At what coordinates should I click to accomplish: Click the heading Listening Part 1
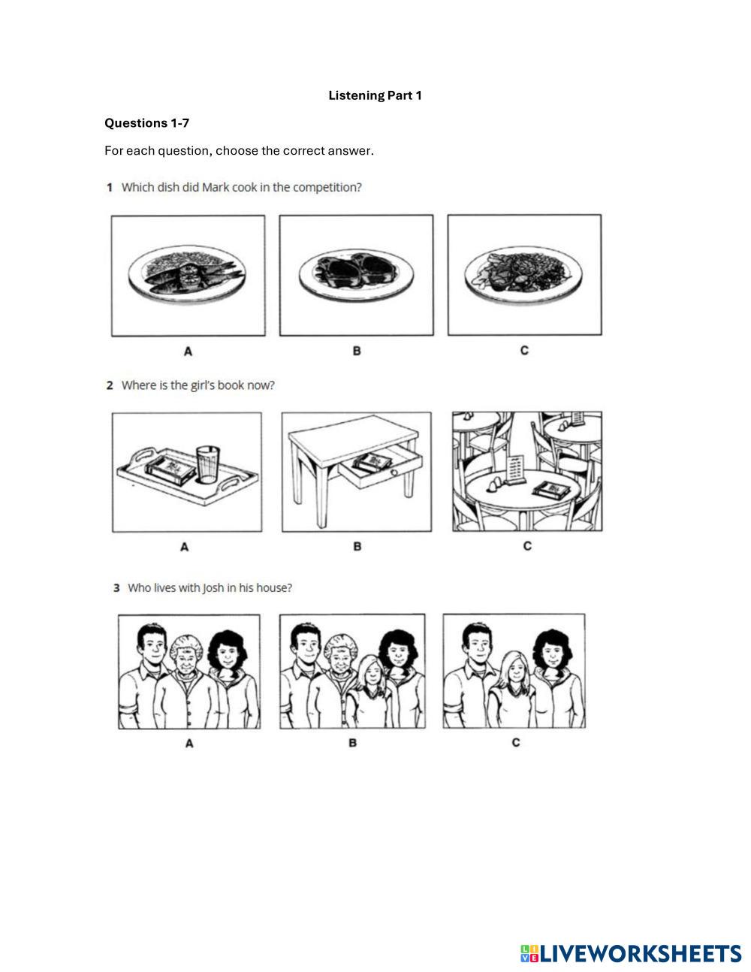point(375,95)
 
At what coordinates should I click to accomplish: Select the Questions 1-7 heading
point(146,123)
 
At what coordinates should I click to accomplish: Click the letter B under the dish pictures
point(357,351)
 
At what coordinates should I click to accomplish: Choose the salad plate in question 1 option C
point(523,273)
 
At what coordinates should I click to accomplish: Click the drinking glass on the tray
point(208,464)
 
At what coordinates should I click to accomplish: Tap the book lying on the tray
point(170,470)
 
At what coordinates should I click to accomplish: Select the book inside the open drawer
point(372,463)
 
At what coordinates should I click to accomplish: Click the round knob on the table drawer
point(394,472)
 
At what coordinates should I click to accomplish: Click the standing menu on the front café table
point(514,470)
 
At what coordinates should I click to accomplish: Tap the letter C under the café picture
point(527,545)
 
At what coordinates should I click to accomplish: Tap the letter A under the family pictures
point(189,744)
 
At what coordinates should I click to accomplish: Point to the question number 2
point(110,385)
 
